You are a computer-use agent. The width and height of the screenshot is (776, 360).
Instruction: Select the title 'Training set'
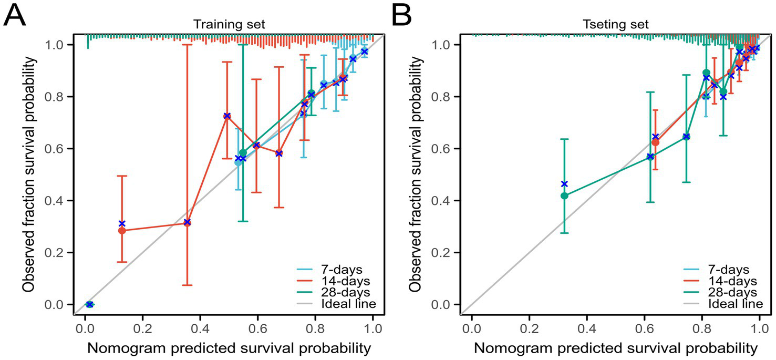pos(229,25)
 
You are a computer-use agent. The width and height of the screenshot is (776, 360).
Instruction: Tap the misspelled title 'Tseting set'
pos(615,25)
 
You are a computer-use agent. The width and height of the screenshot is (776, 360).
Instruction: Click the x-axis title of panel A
pos(229,348)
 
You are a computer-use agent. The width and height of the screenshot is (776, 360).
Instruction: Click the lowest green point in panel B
pos(564,196)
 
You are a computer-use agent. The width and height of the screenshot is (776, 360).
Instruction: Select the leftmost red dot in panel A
pos(122,230)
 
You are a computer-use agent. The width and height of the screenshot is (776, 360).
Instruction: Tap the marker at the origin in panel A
pos(89,304)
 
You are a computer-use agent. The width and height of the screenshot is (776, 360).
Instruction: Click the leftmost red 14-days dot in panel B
pos(655,142)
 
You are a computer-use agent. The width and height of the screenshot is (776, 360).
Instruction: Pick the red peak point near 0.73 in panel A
pos(227,116)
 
